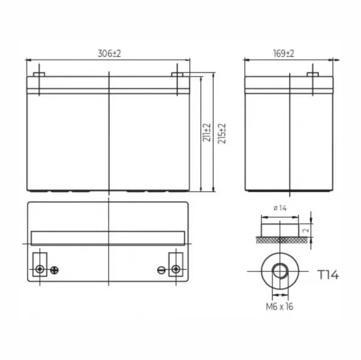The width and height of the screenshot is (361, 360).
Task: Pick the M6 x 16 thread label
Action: [280, 306]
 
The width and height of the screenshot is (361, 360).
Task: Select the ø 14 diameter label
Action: [281, 208]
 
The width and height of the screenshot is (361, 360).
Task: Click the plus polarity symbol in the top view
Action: [54, 270]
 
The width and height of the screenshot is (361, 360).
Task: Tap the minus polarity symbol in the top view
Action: [162, 270]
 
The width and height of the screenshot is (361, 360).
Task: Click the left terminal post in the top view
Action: [40, 269]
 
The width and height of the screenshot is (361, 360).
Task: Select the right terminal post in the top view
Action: [175, 269]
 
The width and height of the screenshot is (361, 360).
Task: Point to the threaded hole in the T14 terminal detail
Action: [280, 270]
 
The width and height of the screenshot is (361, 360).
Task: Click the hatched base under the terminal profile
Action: [281, 239]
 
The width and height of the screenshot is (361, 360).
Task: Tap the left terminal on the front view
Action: [38, 75]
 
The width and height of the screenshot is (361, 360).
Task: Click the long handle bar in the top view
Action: [108, 238]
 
